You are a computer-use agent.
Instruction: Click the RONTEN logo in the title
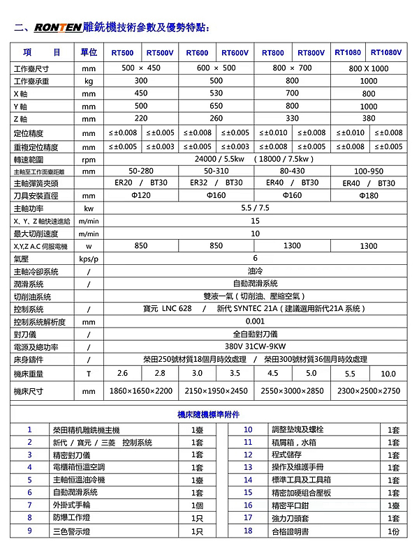point(57,28)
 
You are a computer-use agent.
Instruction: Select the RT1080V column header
point(387,52)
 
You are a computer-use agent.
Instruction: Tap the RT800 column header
point(273,53)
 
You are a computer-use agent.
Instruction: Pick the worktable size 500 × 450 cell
point(141,68)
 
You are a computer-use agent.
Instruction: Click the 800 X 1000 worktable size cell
point(369,68)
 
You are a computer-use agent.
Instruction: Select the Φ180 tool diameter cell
point(369,196)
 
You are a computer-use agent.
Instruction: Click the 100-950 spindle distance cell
point(369,171)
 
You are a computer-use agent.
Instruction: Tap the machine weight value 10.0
point(388,374)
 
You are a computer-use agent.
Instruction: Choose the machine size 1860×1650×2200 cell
point(141,391)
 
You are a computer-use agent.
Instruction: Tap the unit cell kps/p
point(88,259)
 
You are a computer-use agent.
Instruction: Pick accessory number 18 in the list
point(248,531)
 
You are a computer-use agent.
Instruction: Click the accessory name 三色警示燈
point(73,531)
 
